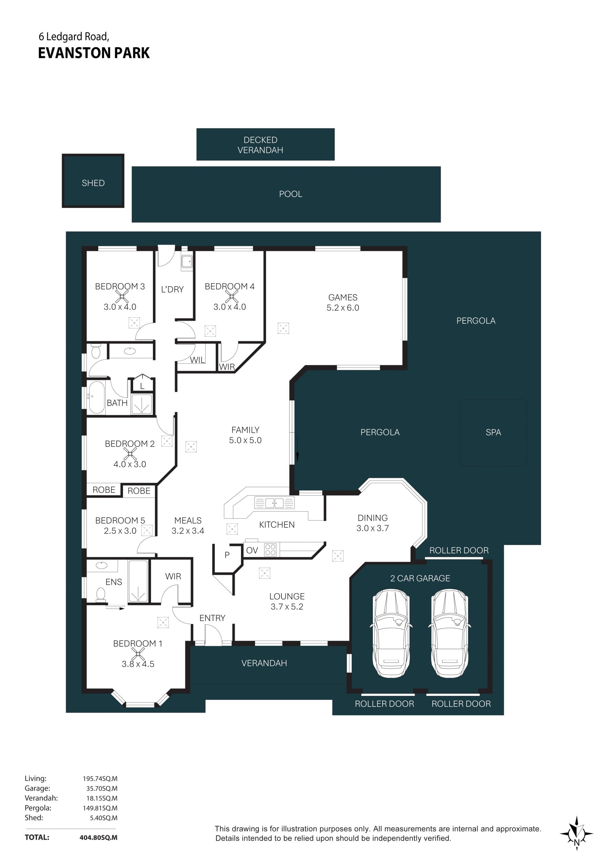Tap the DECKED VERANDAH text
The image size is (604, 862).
pos(260,145)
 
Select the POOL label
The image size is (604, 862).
pos(290,194)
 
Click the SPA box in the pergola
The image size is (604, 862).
pos(493,432)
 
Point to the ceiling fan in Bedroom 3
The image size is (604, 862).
pos(122,297)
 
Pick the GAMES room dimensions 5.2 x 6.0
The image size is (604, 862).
pos(343,308)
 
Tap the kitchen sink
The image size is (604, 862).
pos(274,502)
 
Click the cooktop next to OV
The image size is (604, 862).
pos(270,550)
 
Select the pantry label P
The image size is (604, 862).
pos(227,555)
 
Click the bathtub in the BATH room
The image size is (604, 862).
pos(97,398)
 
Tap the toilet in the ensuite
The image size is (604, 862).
pos(101,594)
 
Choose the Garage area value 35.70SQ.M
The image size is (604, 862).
pos(102,788)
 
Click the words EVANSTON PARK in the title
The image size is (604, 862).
pos(94,53)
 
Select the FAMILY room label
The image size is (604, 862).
pos(245,430)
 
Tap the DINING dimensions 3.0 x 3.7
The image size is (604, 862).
pos(372,528)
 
